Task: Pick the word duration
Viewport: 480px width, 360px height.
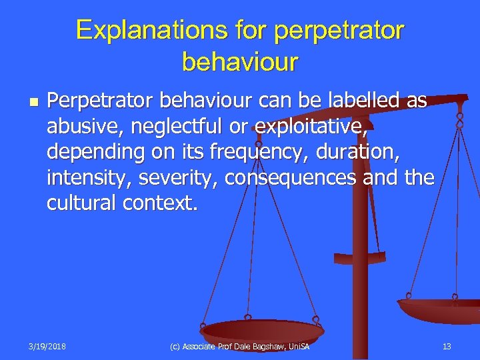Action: tap(357, 153)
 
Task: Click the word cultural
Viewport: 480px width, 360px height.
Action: tap(82, 204)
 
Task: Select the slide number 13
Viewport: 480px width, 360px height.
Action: tap(447, 346)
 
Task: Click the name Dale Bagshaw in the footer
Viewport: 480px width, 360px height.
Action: tap(264, 346)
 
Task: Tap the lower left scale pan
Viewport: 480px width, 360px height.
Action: tap(262, 329)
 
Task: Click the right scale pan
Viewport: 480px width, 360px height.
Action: tap(440, 309)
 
